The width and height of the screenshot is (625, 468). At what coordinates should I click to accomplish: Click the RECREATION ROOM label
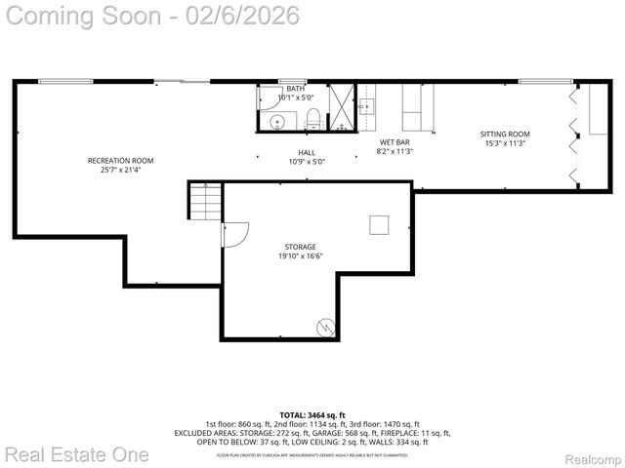[x=120, y=160]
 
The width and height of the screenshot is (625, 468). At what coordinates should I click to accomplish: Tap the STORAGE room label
[x=300, y=247]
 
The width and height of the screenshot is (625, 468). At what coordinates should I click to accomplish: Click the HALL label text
[x=308, y=152]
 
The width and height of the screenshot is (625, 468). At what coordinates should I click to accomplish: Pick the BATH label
[x=295, y=89]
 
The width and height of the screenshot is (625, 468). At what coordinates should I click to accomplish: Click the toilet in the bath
[x=312, y=119]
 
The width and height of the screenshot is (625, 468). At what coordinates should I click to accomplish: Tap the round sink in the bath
[x=277, y=122]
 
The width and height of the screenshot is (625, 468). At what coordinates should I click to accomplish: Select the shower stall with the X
[x=342, y=106]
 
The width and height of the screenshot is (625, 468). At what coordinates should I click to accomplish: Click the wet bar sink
[x=367, y=105]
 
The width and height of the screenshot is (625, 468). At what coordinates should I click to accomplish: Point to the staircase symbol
[x=206, y=202]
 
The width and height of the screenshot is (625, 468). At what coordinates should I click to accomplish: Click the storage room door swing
[x=235, y=234]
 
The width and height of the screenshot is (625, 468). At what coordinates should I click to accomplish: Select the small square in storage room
[x=379, y=225]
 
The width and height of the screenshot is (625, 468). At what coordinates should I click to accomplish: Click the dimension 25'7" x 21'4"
[x=120, y=170]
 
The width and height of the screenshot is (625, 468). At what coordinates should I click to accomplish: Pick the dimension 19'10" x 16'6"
[x=300, y=256]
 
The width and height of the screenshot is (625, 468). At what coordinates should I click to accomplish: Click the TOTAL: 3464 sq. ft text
[x=312, y=415]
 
